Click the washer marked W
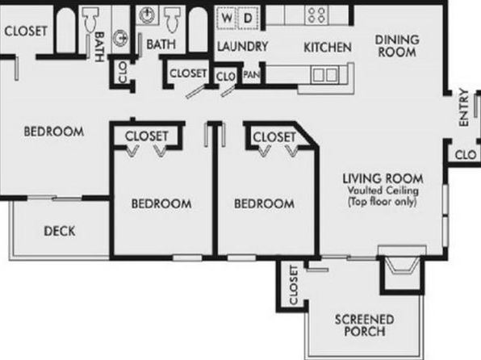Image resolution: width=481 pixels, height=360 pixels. [227, 18]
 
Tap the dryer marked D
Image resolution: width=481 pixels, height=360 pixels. [248, 18]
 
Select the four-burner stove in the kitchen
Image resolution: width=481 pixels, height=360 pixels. [317, 15]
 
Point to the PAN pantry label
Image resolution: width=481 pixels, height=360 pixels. [251, 74]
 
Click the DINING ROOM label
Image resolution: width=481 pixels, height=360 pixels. [397, 46]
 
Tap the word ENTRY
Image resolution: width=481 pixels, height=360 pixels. [464, 107]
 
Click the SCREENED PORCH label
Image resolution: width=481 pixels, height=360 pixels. [365, 325]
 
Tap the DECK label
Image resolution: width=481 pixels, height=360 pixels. [60, 231]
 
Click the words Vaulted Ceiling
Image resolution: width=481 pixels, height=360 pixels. [383, 190]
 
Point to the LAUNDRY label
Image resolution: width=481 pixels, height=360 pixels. [243, 47]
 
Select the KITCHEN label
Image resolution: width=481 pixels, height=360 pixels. [328, 48]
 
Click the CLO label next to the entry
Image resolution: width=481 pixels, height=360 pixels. [466, 155]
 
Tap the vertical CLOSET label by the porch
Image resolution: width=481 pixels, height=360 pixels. [294, 285]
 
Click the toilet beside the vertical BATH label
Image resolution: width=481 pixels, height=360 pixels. [91, 19]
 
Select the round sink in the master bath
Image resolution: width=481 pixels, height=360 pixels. [120, 39]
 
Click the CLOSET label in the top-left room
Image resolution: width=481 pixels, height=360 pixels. [26, 31]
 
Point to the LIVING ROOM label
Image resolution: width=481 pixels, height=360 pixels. [383, 178]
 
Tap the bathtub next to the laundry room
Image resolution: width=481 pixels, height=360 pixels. [198, 30]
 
